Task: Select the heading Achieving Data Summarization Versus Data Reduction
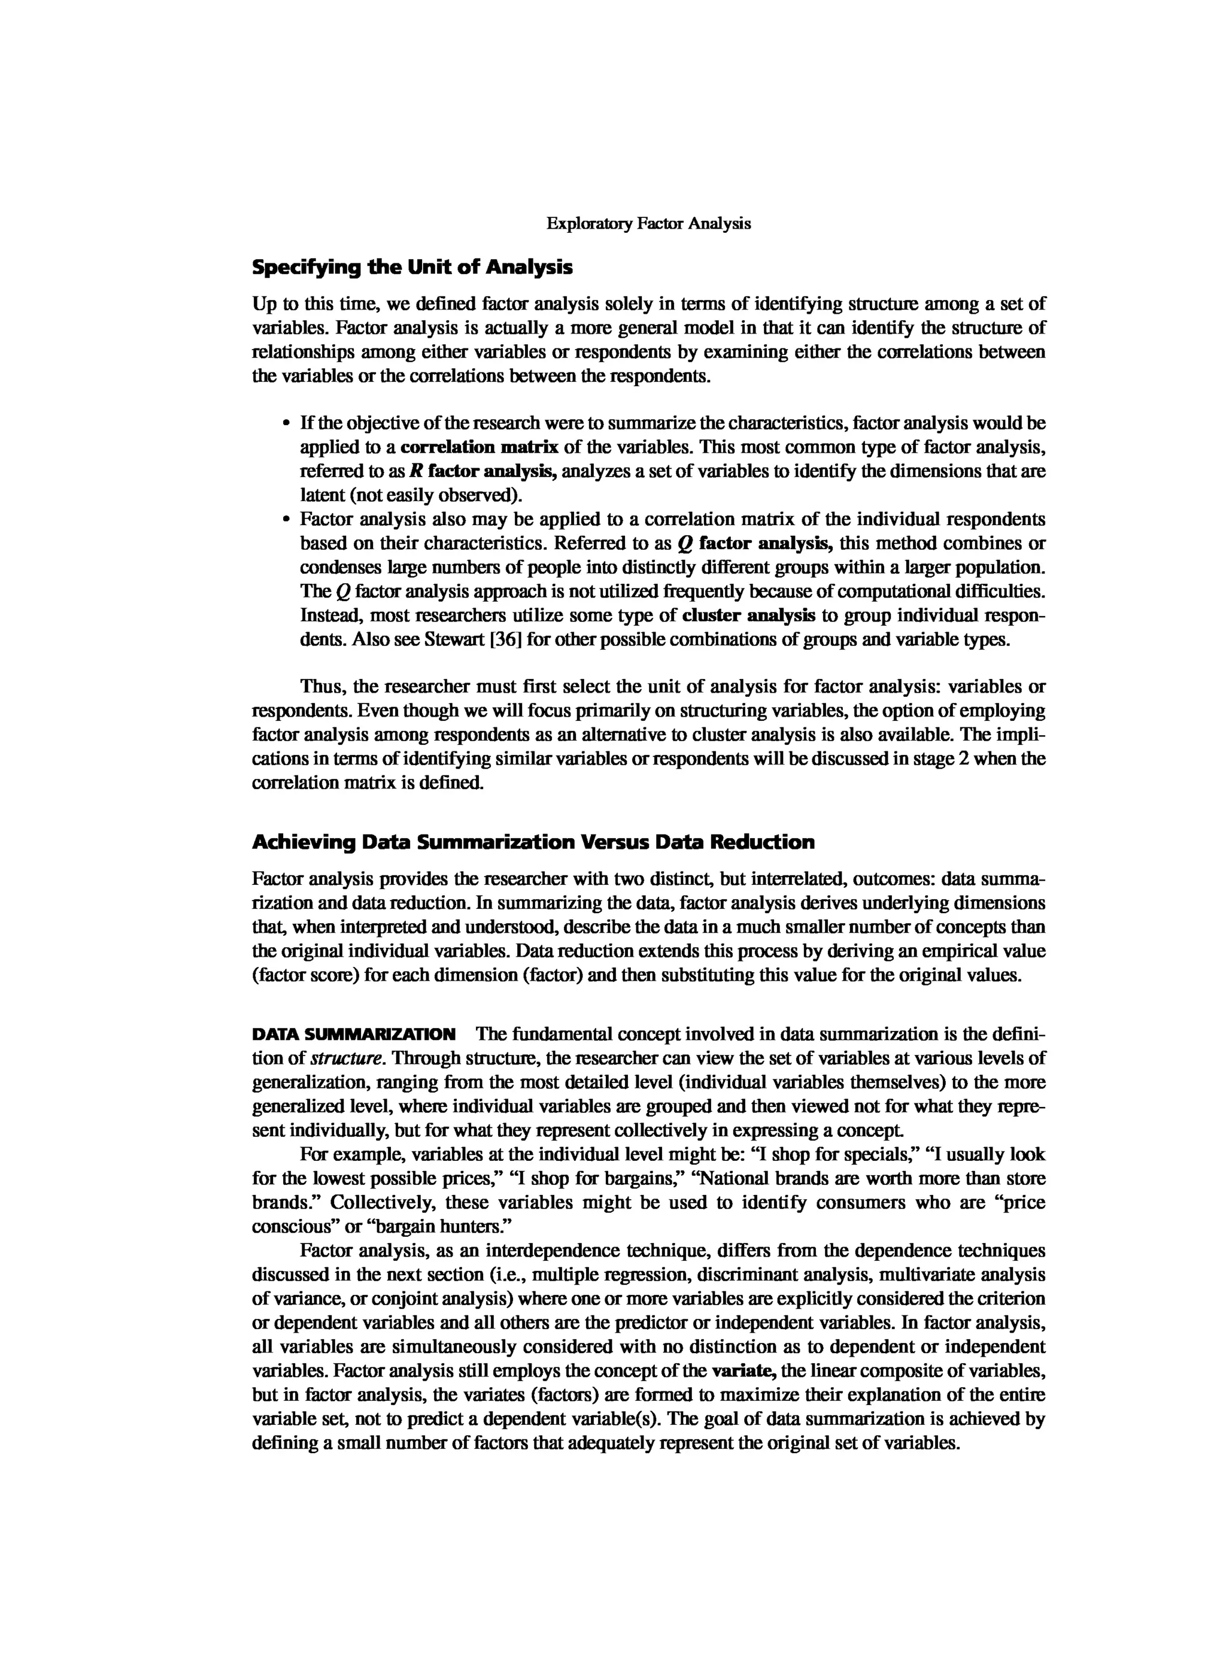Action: click(533, 842)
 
